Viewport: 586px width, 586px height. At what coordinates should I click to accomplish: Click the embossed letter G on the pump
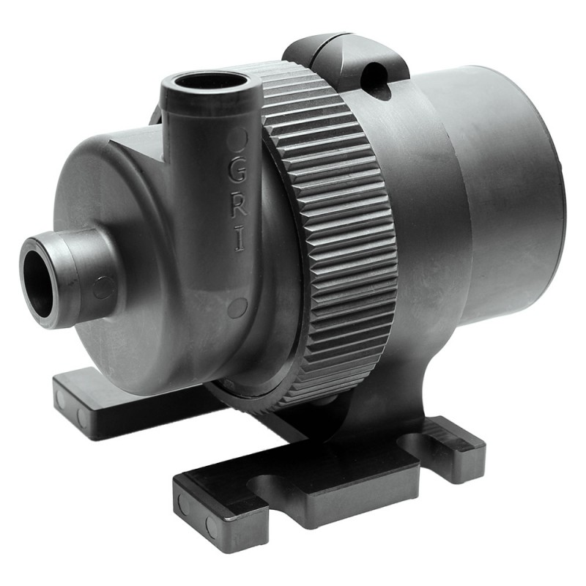click(237, 173)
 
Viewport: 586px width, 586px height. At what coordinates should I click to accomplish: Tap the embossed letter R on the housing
click(239, 207)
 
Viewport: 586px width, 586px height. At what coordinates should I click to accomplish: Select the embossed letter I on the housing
click(240, 240)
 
